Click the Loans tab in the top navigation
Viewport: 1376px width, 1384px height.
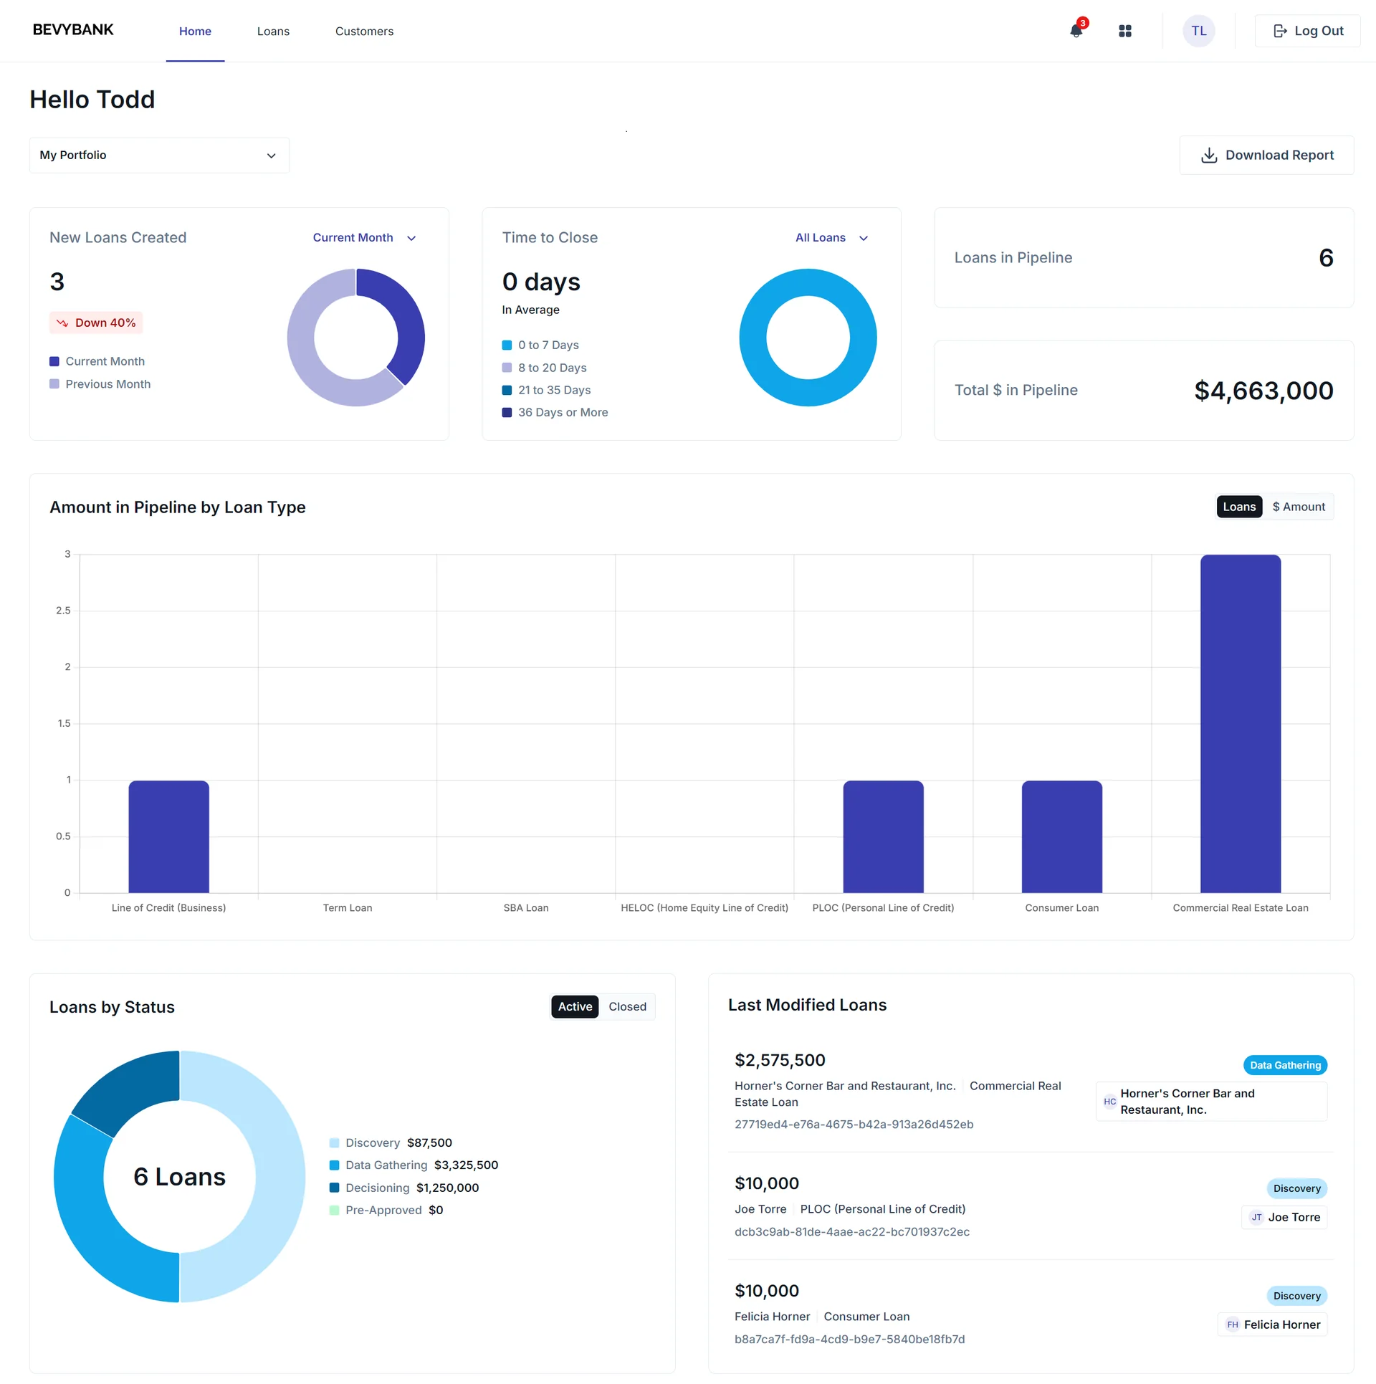click(x=273, y=32)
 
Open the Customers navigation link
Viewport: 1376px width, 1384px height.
click(x=364, y=32)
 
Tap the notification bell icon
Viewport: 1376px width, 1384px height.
click(x=1076, y=31)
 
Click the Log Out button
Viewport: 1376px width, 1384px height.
click(x=1307, y=31)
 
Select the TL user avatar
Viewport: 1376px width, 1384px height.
click(x=1198, y=31)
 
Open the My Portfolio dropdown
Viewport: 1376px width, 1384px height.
click(x=159, y=156)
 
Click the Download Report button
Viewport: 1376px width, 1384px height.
click(x=1266, y=156)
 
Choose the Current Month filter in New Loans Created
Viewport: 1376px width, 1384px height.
click(x=363, y=238)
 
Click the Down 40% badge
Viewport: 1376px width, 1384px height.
click(x=96, y=323)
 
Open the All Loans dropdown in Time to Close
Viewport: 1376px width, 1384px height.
click(x=831, y=238)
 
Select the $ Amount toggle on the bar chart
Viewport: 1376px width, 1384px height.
click(x=1298, y=507)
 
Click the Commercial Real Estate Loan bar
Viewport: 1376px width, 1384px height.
click(x=1240, y=724)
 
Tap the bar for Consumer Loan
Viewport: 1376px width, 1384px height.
click(x=1061, y=836)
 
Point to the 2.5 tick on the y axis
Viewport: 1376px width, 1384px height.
click(x=63, y=611)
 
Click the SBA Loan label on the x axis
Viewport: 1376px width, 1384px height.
click(x=525, y=908)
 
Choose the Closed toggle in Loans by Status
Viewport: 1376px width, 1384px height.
click(x=627, y=1007)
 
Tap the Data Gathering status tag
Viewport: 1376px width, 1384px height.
click(x=1284, y=1066)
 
